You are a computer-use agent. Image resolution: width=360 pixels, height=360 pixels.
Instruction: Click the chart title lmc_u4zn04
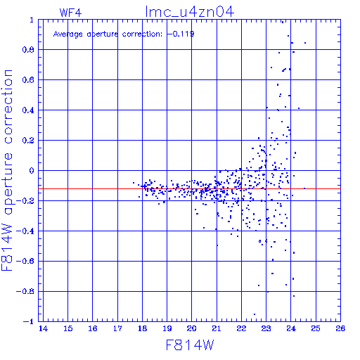(x=190, y=12)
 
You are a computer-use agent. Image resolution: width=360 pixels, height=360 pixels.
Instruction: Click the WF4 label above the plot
(x=70, y=13)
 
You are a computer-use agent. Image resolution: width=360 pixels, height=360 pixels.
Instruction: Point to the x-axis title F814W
(x=190, y=345)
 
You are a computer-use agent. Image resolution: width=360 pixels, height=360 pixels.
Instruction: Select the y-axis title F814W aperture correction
(x=7, y=170)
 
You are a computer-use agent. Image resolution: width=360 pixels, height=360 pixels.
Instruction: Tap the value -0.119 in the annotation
(x=181, y=34)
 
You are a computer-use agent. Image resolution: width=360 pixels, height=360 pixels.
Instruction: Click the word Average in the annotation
(x=68, y=34)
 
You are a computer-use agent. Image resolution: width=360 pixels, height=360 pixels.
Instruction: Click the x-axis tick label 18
(x=142, y=328)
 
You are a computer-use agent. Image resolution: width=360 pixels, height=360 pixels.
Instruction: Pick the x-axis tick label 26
(x=340, y=328)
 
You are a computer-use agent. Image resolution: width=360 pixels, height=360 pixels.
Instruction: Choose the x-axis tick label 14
(x=43, y=328)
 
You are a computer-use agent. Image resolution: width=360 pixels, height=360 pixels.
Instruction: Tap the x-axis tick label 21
(x=217, y=328)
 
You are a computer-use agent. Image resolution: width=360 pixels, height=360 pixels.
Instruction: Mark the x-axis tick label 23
(x=266, y=328)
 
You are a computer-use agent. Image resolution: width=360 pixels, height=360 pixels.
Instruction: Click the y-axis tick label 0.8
(x=28, y=50)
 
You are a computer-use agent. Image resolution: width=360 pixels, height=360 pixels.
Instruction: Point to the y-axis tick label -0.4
(x=25, y=231)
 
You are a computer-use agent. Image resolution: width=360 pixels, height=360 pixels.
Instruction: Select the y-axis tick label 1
(x=32, y=20)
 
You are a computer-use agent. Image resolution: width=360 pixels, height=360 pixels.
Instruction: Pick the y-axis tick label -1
(x=29, y=321)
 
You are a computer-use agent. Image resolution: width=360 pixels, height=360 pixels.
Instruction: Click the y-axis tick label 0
(x=32, y=171)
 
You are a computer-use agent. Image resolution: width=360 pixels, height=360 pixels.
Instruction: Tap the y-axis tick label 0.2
(x=28, y=141)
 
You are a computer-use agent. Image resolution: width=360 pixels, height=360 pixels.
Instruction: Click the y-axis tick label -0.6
(x=25, y=261)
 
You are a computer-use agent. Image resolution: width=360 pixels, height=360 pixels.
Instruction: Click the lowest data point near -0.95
(x=255, y=314)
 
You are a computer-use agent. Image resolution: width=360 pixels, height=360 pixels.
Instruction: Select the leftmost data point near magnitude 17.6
(x=134, y=183)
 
